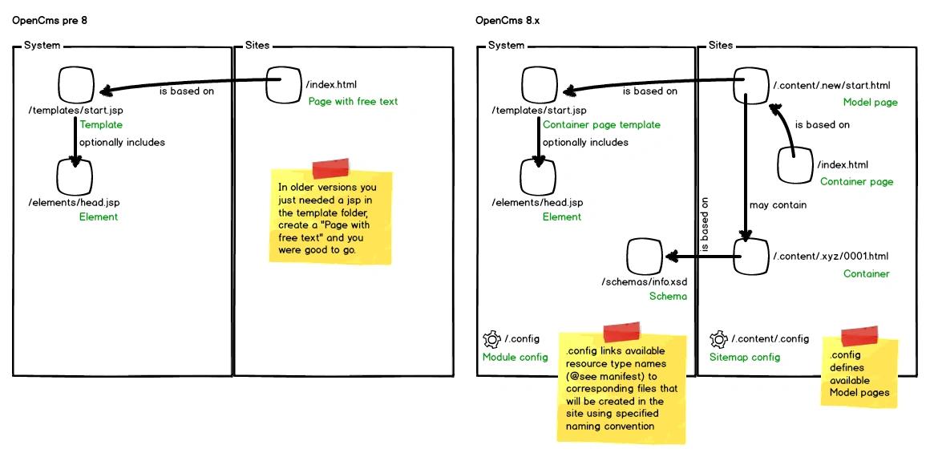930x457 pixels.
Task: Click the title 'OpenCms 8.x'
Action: pos(507,21)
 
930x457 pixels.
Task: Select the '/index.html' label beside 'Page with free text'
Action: pos(331,85)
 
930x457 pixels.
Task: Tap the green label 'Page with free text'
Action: pos(353,102)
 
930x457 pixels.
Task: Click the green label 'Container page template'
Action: pos(601,124)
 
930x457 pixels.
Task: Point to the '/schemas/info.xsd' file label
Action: pos(644,281)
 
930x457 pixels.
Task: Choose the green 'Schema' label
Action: pos(668,296)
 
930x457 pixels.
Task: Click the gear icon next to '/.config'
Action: pos(491,339)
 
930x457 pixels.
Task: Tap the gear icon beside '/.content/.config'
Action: pos(718,339)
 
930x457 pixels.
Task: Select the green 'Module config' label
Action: pos(515,358)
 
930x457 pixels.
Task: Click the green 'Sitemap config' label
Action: pos(745,358)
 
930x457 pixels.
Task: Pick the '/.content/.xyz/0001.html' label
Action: pos(831,257)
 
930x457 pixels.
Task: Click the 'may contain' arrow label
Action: pos(778,204)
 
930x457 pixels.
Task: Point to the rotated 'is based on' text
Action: pos(705,226)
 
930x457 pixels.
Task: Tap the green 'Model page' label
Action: pos(870,103)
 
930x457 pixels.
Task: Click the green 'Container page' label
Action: pos(856,182)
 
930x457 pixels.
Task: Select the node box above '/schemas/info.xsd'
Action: pos(644,257)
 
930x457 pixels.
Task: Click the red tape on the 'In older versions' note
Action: pos(331,168)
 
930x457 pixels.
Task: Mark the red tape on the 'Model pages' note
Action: pos(859,336)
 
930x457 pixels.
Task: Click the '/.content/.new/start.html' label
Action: pos(831,86)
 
